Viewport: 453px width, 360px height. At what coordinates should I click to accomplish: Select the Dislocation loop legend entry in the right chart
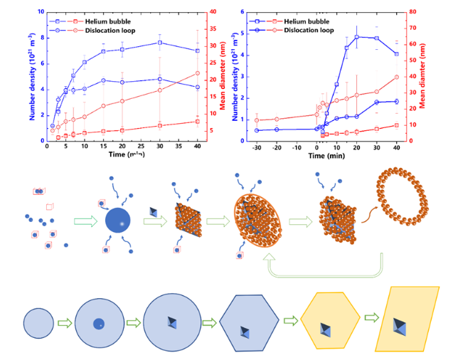pyautogui.click(x=307, y=30)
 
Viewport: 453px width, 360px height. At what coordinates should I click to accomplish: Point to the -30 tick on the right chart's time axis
pyautogui.click(x=256, y=146)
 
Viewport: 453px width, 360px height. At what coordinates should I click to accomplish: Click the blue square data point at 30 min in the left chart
pyautogui.click(x=160, y=43)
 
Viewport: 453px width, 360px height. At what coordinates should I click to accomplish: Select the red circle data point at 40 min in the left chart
pyautogui.click(x=197, y=73)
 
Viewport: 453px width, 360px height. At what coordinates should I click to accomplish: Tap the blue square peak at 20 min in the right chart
pyautogui.click(x=357, y=37)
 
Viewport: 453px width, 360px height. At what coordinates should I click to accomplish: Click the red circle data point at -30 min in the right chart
pyautogui.click(x=256, y=120)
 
